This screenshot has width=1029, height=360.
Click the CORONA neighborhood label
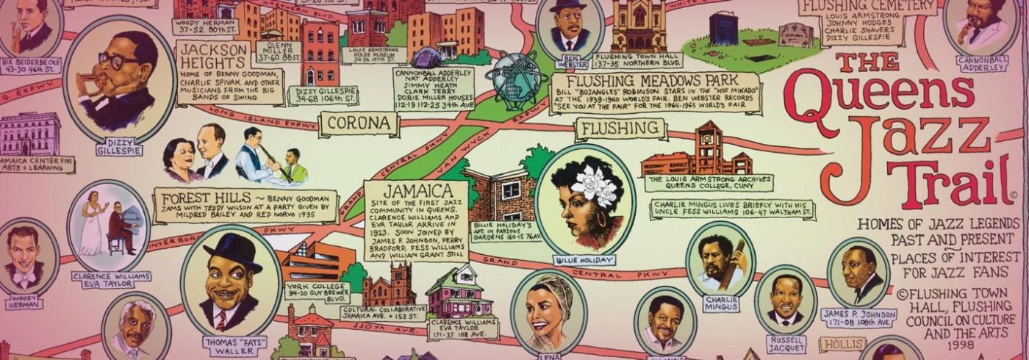[x=359, y=123]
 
